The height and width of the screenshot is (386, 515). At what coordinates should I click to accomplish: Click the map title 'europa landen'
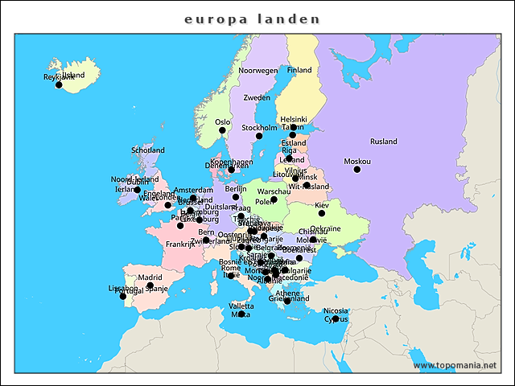(252, 18)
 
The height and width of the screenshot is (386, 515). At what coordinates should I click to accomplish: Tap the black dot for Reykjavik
(59, 84)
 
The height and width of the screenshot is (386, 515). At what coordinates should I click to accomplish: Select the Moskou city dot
(357, 170)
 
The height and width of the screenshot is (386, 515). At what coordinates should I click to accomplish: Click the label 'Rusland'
(384, 142)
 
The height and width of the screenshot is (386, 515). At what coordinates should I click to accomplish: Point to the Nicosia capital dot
(336, 318)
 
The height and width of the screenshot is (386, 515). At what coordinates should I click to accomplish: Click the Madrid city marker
(150, 285)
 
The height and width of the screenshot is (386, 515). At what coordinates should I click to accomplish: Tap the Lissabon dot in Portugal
(123, 296)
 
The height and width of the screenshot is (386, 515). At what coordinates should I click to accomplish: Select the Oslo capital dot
(222, 129)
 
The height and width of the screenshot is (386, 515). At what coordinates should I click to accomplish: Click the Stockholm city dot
(259, 136)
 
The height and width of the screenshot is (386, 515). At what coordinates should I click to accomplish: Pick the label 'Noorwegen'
(257, 71)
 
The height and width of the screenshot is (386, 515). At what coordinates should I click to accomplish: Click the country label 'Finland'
(299, 71)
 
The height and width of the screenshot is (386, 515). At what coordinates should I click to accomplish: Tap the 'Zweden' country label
(257, 97)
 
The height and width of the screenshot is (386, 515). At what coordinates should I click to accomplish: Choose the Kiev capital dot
(322, 213)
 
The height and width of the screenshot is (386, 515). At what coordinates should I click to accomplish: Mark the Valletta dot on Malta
(241, 314)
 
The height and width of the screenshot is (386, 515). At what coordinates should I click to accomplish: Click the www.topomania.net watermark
(455, 366)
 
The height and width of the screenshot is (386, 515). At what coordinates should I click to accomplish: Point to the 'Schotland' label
(148, 150)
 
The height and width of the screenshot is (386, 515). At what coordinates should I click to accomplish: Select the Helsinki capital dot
(294, 127)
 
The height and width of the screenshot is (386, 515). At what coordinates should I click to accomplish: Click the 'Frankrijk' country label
(180, 244)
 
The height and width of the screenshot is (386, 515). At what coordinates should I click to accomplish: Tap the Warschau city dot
(274, 199)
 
